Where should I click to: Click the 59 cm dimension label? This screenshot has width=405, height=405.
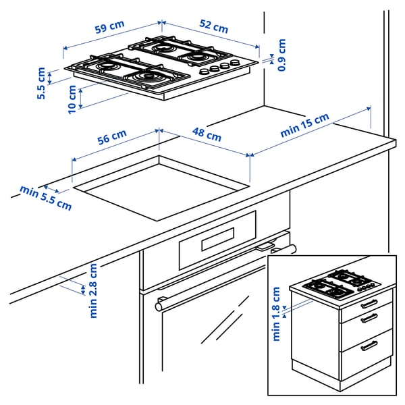pos(109,29)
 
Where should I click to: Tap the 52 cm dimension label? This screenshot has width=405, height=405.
pos(213,28)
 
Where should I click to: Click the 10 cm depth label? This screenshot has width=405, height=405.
pos(72,99)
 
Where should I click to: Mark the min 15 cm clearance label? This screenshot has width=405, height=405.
pos(305,126)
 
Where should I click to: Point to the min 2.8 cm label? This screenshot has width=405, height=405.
pos(93,290)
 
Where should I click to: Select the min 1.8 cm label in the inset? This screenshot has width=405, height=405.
pos(275,314)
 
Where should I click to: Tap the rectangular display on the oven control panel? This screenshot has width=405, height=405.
pos(213,239)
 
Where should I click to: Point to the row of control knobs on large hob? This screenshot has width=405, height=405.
pos(218,67)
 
